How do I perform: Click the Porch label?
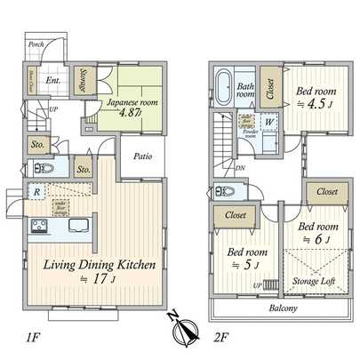(36, 44)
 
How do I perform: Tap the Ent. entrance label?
(52, 78)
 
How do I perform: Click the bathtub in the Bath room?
(224, 91)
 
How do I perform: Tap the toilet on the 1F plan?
(44, 168)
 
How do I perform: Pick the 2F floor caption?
(223, 338)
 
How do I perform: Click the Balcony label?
(283, 308)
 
